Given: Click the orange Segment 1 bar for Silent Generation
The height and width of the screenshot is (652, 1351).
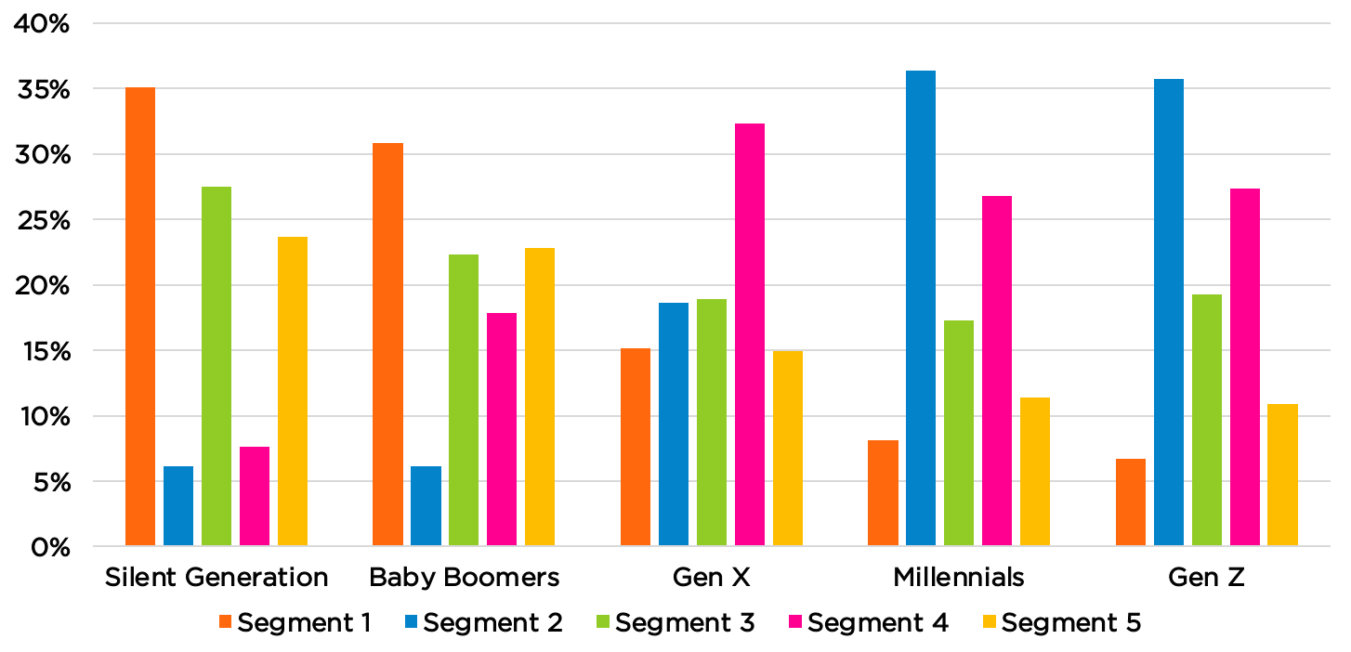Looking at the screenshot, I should pyautogui.click(x=140, y=316).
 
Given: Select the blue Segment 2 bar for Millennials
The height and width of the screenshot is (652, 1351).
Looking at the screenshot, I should pyautogui.click(x=921, y=307).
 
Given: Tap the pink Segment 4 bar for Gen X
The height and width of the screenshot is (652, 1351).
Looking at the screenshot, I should pyautogui.click(x=750, y=334).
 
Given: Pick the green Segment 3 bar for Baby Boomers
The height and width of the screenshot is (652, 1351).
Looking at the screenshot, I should pyautogui.click(x=464, y=399).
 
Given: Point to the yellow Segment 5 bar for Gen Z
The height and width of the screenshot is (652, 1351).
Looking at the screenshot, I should pyautogui.click(x=1283, y=475).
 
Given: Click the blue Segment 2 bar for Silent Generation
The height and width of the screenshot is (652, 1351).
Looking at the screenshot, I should pyautogui.click(x=178, y=505).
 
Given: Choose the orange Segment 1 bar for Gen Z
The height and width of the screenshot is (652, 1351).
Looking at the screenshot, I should pyautogui.click(x=1131, y=502).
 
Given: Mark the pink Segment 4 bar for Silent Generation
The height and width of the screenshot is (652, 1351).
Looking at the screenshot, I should pyautogui.click(x=255, y=496).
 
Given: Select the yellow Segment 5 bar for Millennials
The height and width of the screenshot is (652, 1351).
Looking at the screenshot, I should pyautogui.click(x=1035, y=471).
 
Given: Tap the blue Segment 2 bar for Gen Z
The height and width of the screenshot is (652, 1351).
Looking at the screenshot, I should pyautogui.click(x=1169, y=312).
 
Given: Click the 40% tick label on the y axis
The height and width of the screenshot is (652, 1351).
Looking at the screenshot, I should pyautogui.click(x=40, y=24).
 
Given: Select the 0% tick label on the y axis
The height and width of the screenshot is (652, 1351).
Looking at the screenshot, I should pyautogui.click(x=47, y=548).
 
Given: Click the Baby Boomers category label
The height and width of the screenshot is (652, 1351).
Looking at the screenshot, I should pyautogui.click(x=465, y=578).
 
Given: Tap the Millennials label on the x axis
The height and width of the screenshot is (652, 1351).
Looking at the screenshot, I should pyautogui.click(x=959, y=578).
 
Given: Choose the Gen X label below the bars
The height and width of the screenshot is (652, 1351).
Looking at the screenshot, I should pyautogui.click(x=712, y=578).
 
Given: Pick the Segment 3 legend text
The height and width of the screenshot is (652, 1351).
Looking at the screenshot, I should pyautogui.click(x=685, y=623).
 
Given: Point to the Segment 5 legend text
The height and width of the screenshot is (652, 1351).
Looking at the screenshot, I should pyautogui.click(x=1070, y=623).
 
